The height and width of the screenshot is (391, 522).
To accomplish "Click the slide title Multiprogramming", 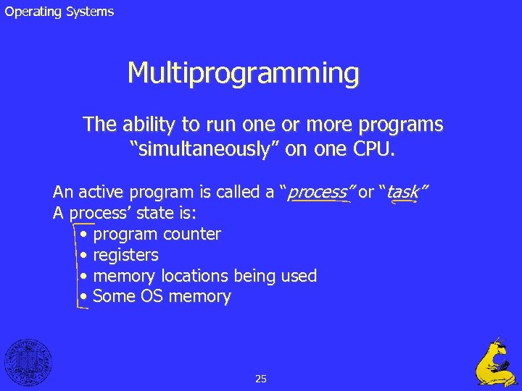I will pos(243,73).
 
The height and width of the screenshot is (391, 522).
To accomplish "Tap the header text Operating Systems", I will pos(59,12).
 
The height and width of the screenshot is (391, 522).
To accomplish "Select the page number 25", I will pos(261,378).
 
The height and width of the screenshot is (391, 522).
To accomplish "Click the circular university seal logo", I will pos(28,361).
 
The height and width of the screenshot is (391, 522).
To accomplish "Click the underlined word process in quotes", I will pos(318,192).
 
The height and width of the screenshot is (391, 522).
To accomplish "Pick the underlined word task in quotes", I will pos(403,192).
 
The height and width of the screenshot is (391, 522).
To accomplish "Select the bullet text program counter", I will pos(157,234).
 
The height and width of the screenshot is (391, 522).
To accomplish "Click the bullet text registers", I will pos(126,255).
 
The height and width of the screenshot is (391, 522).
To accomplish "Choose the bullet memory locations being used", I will pos(205,276).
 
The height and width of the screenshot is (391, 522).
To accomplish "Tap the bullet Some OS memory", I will pos(162,296).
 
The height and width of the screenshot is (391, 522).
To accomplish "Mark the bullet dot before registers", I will pos(85,256).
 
